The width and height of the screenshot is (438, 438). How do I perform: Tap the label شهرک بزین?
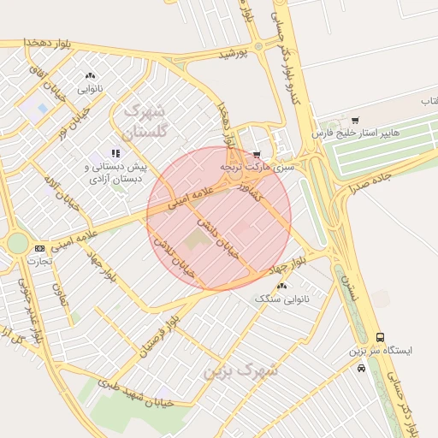pos(243,371)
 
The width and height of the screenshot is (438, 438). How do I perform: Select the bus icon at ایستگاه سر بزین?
pos(380,338)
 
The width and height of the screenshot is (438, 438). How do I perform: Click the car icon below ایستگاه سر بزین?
pos(362,368)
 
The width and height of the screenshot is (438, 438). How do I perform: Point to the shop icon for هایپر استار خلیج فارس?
pos(355,120)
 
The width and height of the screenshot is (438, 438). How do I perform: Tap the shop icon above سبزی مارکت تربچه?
pos(257,155)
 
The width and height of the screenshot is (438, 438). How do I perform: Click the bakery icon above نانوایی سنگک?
pos(281,286)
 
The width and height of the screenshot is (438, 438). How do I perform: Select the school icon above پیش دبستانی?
pos(115,153)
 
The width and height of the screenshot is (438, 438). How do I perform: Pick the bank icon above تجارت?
pos(38,248)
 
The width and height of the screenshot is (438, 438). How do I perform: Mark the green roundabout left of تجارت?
pos(17,243)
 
